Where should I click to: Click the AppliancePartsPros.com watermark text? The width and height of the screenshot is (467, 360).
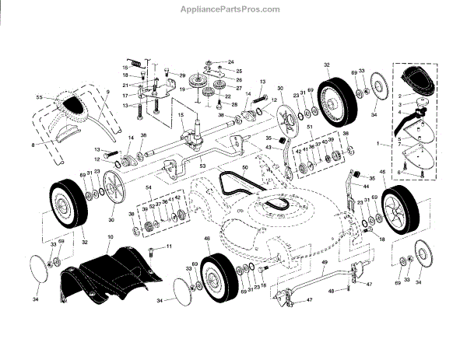[233, 9]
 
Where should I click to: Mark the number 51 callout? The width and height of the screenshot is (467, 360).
[309, 127]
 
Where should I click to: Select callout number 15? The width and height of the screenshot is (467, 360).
[181, 117]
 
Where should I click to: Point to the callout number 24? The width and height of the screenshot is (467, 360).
[209, 61]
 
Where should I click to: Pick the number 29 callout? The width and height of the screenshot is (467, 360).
[182, 75]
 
